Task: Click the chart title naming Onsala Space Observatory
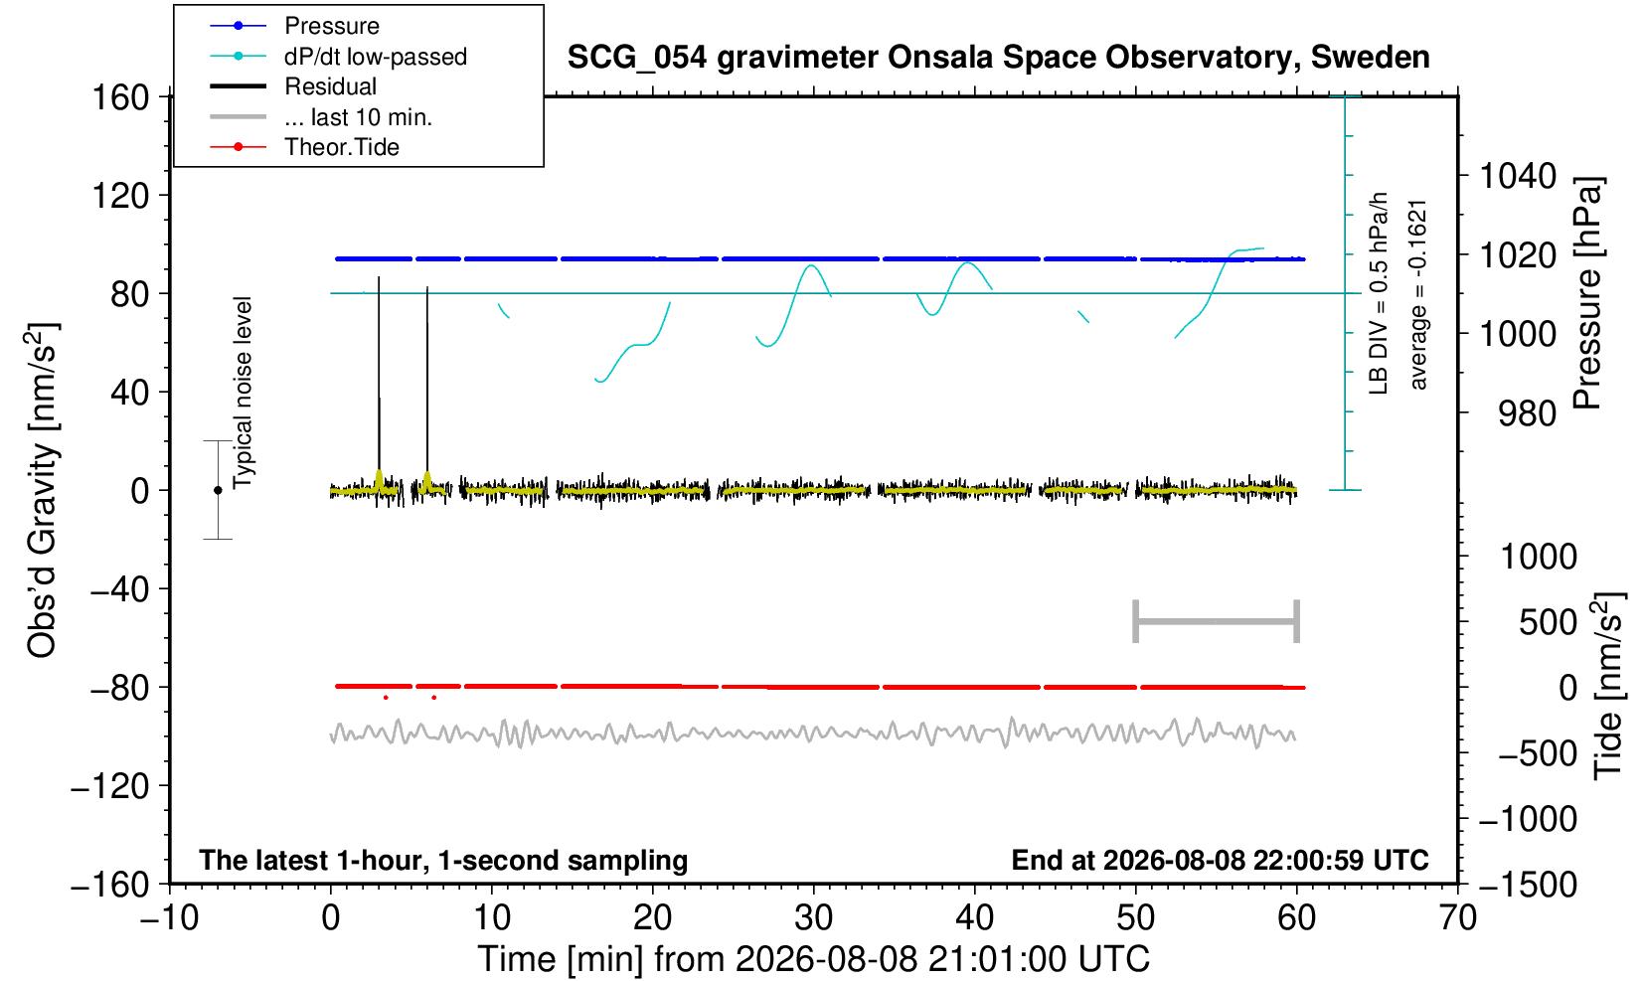(x=998, y=58)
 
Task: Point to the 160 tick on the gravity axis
(x=120, y=97)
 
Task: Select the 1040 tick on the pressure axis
(x=1518, y=176)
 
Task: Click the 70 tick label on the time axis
(x=1457, y=918)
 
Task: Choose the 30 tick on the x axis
(x=813, y=918)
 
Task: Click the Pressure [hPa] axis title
(x=1587, y=293)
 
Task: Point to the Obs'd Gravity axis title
(x=43, y=490)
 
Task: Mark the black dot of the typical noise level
(x=218, y=490)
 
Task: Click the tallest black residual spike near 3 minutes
(x=379, y=383)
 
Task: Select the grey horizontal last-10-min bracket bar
(x=1217, y=621)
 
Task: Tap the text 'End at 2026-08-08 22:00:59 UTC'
(x=1220, y=860)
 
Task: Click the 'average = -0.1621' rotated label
(x=1418, y=294)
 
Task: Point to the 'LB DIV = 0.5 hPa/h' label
(x=1379, y=293)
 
